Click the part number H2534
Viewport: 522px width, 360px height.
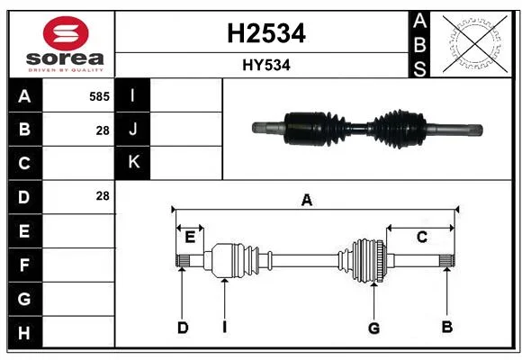[266, 33]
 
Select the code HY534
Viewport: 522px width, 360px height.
[266, 65]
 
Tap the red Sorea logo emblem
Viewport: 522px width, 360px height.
[66, 33]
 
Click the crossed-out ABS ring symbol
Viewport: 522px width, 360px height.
[475, 44]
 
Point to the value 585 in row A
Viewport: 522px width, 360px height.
[99, 96]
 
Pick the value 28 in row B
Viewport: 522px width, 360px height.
[103, 130]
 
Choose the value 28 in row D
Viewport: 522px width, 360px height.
[103, 196]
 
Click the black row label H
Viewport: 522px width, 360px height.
[25, 332]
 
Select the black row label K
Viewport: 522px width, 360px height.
[132, 162]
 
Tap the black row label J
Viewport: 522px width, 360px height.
[132, 129]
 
